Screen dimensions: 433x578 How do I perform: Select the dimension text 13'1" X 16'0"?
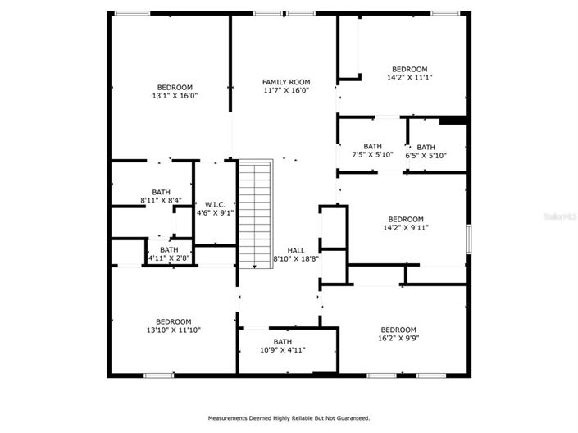click(x=175, y=96)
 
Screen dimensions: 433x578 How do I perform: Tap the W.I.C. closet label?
click(x=215, y=204)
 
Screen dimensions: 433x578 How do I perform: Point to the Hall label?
click(x=295, y=250)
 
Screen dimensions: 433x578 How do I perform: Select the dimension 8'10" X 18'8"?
click(x=295, y=259)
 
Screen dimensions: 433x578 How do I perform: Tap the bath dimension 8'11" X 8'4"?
click(x=161, y=200)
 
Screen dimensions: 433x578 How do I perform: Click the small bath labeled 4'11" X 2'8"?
click(x=169, y=258)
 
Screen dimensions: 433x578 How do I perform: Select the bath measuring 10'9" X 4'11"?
click(x=282, y=350)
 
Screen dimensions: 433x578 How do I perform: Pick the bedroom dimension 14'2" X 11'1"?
click(x=409, y=78)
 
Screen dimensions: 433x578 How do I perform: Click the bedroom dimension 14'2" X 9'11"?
click(x=406, y=228)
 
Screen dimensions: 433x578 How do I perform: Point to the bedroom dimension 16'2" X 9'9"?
click(x=402, y=336)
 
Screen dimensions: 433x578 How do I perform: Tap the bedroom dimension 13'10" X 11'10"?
click(x=174, y=330)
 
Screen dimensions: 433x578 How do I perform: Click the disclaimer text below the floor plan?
click(x=289, y=417)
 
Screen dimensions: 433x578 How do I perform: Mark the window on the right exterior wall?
click(x=468, y=239)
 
